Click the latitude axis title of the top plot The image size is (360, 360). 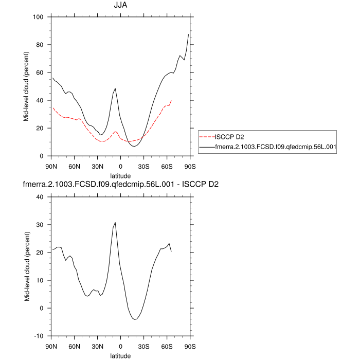120,175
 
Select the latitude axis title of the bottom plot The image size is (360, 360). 120,355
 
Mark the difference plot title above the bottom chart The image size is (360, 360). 120,184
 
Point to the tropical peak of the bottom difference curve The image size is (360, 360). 115,223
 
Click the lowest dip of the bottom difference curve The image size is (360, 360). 135,319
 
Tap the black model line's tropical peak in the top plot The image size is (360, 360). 115,88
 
